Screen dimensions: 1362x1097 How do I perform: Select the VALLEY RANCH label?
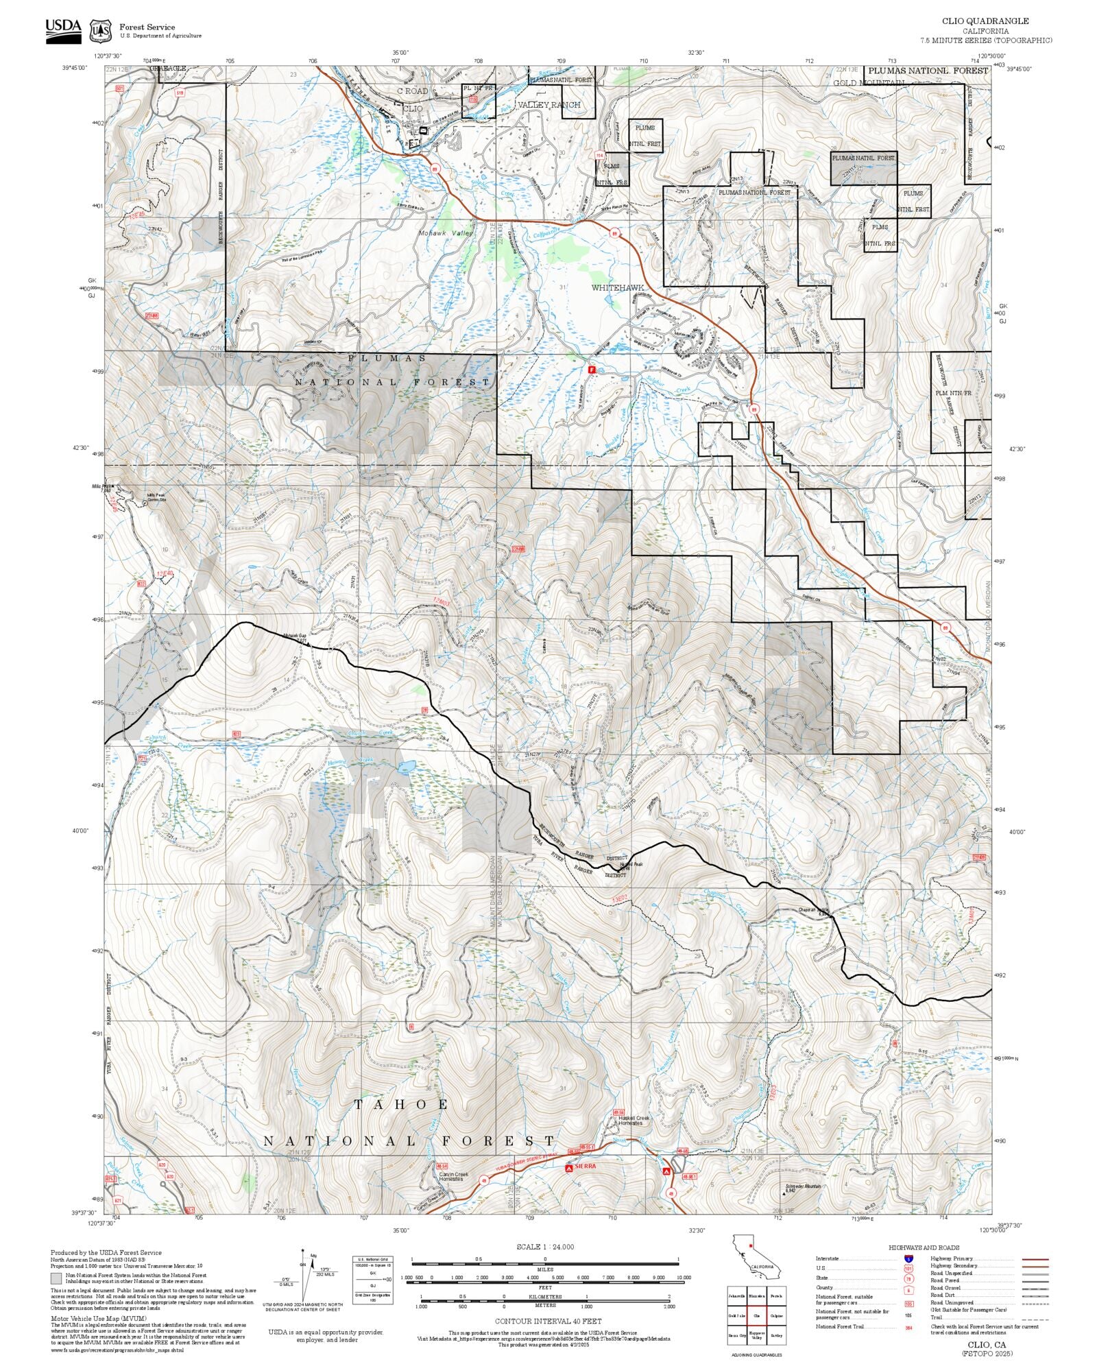click(x=548, y=105)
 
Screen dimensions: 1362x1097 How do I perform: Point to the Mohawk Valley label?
click(x=446, y=234)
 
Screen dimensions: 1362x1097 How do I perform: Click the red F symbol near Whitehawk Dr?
click(x=591, y=369)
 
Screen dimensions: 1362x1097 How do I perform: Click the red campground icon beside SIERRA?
click(x=568, y=1167)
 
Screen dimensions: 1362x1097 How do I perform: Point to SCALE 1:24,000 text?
click(x=545, y=1247)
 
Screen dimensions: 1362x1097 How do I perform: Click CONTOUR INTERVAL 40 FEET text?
click(x=548, y=1320)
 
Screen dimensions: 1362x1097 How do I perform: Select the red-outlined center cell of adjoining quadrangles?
click(x=757, y=1315)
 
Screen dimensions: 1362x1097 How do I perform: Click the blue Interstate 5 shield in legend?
click(x=908, y=1259)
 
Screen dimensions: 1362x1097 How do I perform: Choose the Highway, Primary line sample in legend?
click(x=1035, y=1259)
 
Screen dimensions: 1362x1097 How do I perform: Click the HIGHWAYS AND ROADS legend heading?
click(x=924, y=1247)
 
